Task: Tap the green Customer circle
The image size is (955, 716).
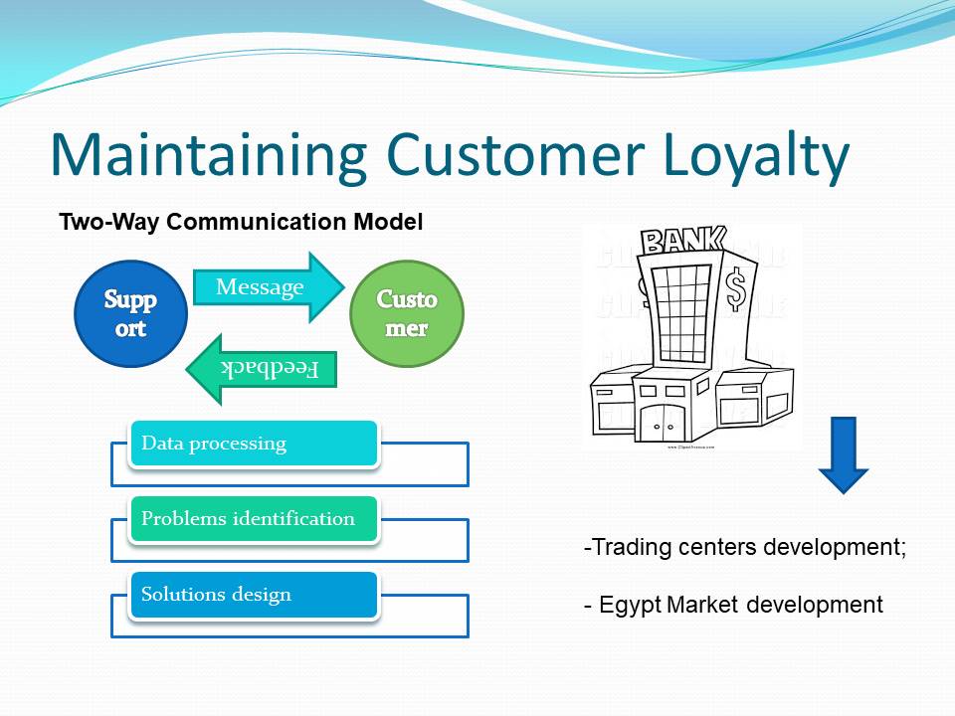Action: (x=407, y=312)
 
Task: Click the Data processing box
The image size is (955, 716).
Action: (x=254, y=444)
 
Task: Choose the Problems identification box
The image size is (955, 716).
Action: (x=254, y=519)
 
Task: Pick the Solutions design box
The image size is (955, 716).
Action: (x=254, y=595)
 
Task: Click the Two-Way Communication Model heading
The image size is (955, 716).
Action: (x=241, y=222)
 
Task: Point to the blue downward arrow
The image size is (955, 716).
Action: (x=844, y=454)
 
